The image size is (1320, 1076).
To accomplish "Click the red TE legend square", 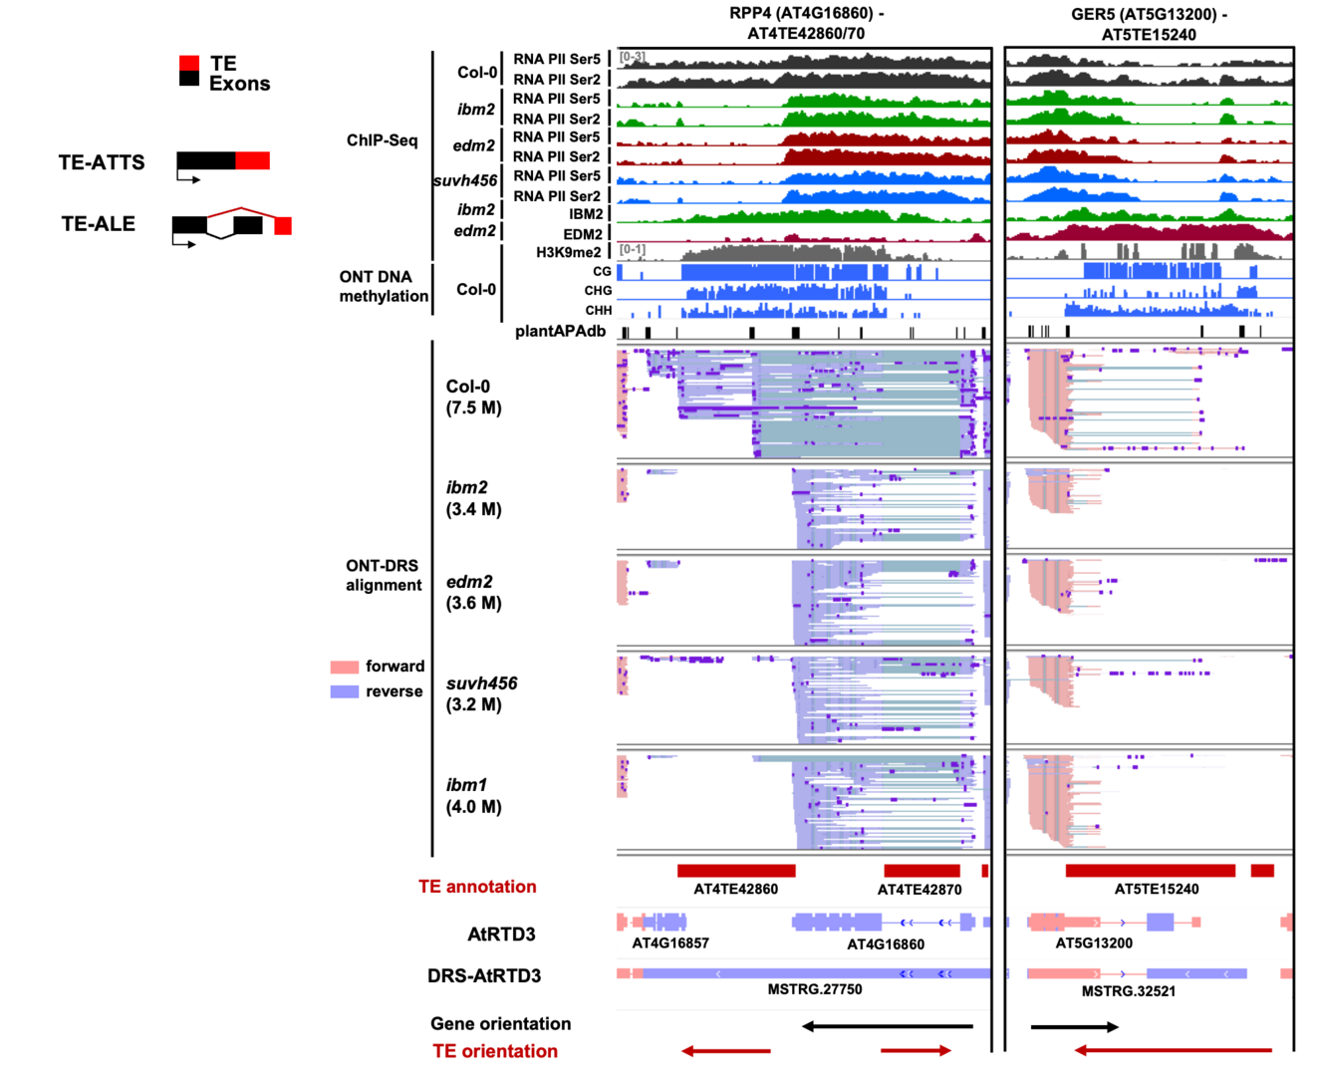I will (x=189, y=64).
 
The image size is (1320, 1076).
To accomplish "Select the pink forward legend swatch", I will (x=344, y=667).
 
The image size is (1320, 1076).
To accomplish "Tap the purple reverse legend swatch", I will (x=344, y=691).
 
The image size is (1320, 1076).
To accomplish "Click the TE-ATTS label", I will (x=102, y=162).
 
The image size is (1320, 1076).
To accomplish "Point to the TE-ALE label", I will (x=98, y=224).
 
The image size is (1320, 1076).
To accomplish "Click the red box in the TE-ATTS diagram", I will (x=252, y=160).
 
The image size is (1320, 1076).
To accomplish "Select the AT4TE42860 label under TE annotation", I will (x=735, y=889).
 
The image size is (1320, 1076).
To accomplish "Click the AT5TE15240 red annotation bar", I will (x=1150, y=871).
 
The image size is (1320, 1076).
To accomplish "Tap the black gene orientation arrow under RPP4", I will (x=887, y=1025).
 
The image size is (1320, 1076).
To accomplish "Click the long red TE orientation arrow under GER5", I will (x=1173, y=1049).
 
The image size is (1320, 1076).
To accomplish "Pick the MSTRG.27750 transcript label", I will (x=814, y=989).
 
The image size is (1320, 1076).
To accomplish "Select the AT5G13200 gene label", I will (x=1093, y=942).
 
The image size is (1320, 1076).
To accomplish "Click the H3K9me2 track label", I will (x=568, y=252).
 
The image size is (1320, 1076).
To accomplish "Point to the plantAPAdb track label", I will (x=560, y=331).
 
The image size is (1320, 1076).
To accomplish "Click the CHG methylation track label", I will (x=598, y=291).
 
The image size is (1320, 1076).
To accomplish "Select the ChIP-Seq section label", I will (x=382, y=140).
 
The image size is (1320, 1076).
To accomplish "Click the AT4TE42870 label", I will (x=919, y=889).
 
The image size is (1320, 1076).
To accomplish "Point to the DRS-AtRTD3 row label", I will (x=484, y=975).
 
